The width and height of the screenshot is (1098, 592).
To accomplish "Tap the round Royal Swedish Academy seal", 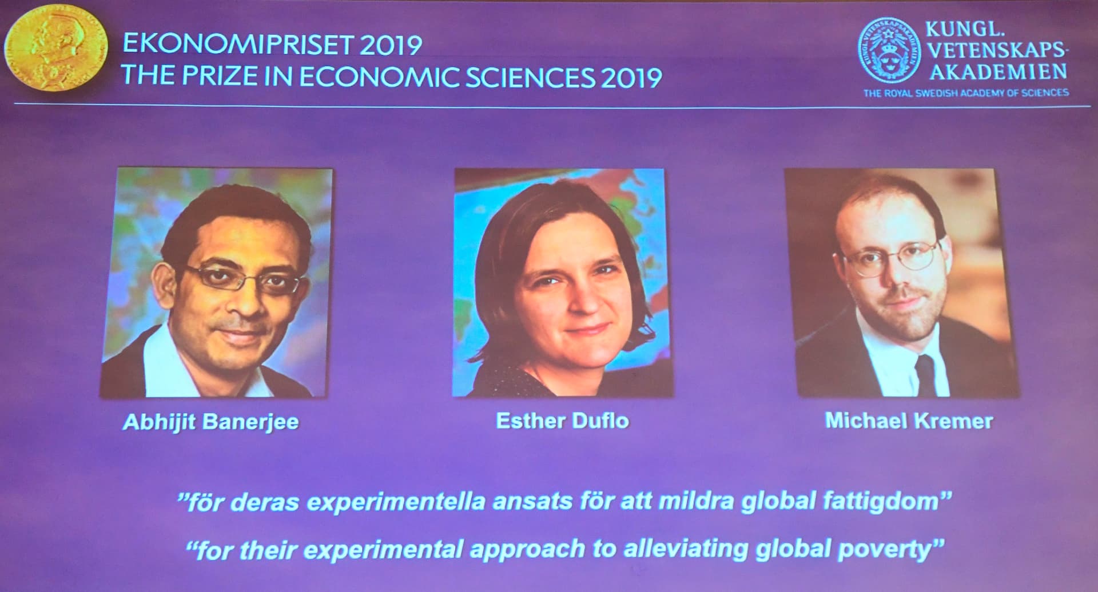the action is (889, 49).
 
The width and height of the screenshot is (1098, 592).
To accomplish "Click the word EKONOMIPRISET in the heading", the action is (238, 45).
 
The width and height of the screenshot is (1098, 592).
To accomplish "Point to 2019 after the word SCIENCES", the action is (631, 77).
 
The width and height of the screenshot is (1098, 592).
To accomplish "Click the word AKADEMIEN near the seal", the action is (998, 72).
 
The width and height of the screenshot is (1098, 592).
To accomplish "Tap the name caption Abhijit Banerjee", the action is (210, 422).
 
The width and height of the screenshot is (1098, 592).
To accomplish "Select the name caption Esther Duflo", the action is (563, 421).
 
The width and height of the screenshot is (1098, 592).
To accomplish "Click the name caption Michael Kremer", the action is (909, 421).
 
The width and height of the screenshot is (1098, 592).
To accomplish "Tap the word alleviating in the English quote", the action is (686, 549).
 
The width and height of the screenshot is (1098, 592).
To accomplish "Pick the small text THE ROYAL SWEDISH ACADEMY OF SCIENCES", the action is (966, 93).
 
